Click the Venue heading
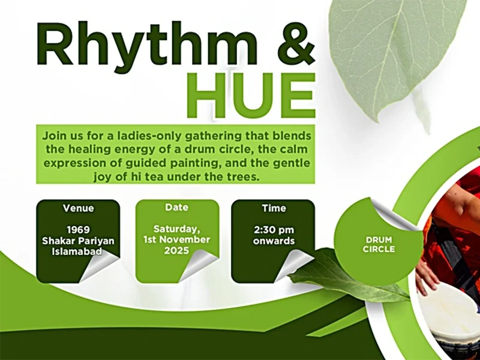pyautogui.click(x=78, y=208)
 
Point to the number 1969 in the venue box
pyautogui.click(x=78, y=230)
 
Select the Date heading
pyautogui.click(x=176, y=207)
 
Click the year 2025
pyautogui.click(x=176, y=251)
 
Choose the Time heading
pyautogui.click(x=273, y=208)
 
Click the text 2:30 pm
pyautogui.click(x=273, y=230)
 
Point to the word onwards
pyautogui.click(x=273, y=241)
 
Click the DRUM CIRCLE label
pyautogui.click(x=379, y=244)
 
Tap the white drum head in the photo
pyautogui.click(x=447, y=312)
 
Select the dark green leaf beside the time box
pyautogui.click(x=336, y=273)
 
